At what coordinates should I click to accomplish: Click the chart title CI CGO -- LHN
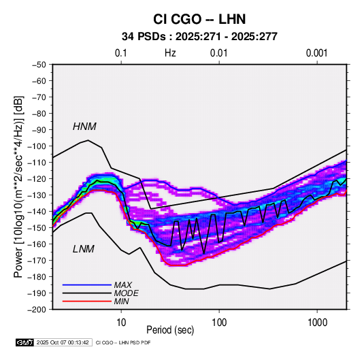point(199,19)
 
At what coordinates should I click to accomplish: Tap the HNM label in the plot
point(84,127)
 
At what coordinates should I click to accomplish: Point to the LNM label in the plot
point(84,249)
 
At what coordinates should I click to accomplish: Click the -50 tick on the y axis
point(39,65)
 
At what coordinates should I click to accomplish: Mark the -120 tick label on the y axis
point(37,179)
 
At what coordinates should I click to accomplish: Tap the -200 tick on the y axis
point(37,310)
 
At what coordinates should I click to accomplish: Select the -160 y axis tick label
point(37,244)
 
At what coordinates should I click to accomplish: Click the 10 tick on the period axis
point(121,323)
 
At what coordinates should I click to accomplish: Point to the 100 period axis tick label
point(219,323)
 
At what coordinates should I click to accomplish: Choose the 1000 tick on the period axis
point(317,323)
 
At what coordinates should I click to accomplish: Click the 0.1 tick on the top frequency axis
point(121,53)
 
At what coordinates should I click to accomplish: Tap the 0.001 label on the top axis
point(317,53)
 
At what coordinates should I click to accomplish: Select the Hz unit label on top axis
point(170,53)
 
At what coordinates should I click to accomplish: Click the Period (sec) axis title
point(170,330)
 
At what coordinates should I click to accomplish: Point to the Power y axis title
point(18,187)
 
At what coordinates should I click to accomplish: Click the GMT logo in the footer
point(24,342)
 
